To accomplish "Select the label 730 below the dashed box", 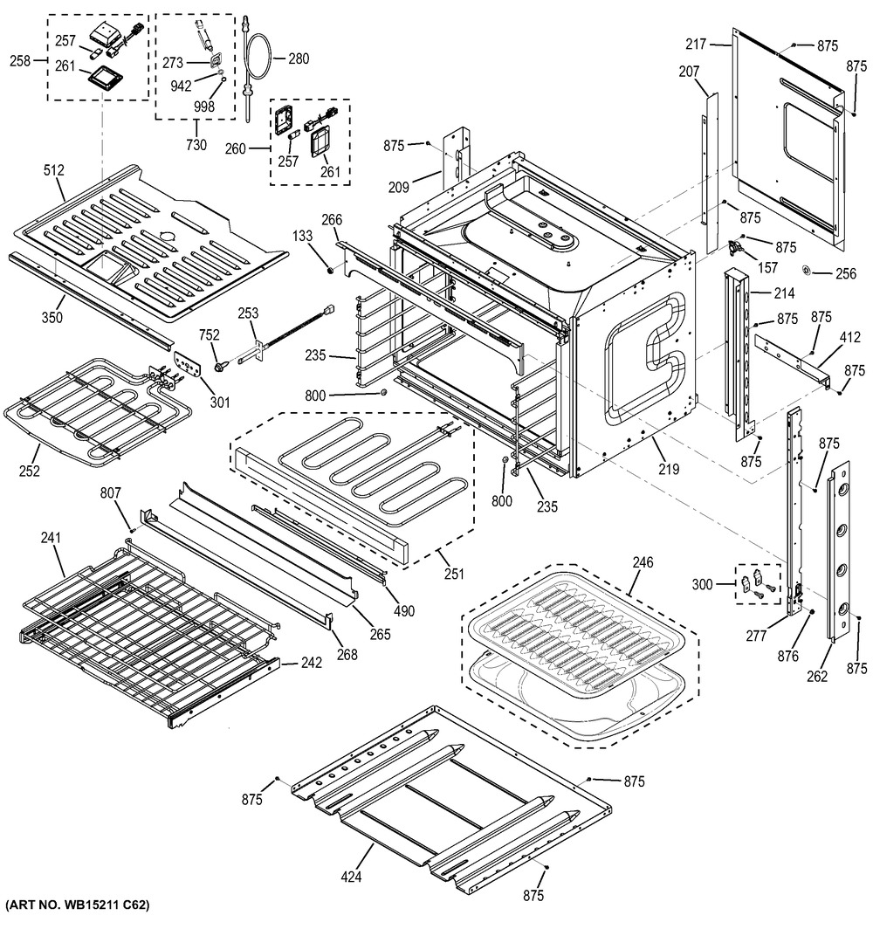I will tap(196, 145).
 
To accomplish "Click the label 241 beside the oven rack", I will tap(51, 539).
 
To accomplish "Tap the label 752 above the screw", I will tap(210, 336).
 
